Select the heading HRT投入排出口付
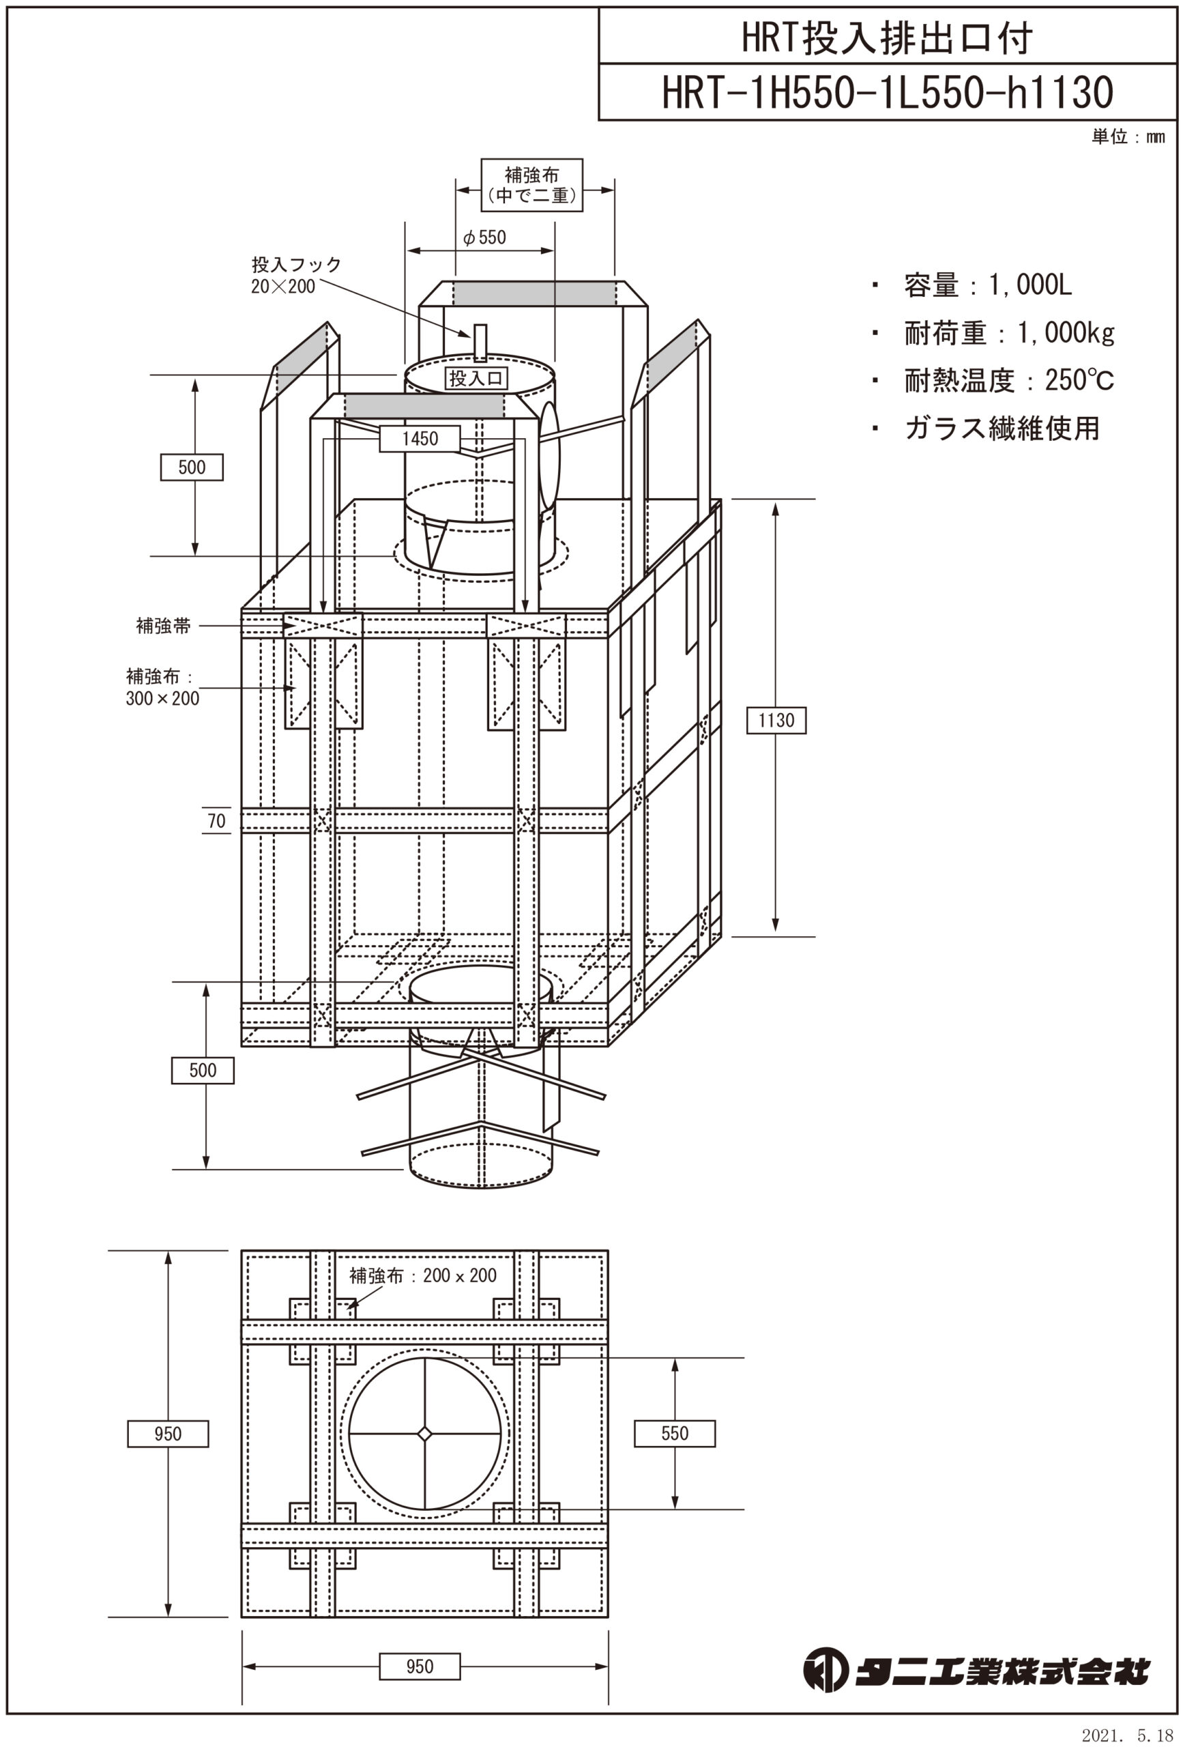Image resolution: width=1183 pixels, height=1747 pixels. click(x=887, y=38)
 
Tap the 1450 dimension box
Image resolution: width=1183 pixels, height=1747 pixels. click(x=420, y=439)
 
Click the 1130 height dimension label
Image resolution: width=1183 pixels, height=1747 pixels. click(x=776, y=720)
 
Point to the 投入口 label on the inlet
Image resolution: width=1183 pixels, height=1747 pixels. click(x=476, y=377)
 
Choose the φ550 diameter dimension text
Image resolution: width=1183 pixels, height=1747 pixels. click(x=485, y=237)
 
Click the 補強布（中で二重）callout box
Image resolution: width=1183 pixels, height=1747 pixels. click(x=531, y=185)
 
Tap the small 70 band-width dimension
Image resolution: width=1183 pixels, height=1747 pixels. click(x=216, y=821)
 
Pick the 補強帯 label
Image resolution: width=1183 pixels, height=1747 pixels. click(x=163, y=625)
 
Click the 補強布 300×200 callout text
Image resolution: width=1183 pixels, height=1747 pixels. click(x=162, y=687)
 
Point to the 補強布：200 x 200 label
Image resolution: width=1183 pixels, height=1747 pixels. click(x=422, y=1275)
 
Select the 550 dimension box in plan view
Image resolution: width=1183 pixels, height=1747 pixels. click(x=674, y=1433)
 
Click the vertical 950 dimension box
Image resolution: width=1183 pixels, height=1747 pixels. click(x=168, y=1434)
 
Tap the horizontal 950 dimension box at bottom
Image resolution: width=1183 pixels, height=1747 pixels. click(x=420, y=1666)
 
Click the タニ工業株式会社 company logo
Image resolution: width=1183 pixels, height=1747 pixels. click(x=976, y=1671)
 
